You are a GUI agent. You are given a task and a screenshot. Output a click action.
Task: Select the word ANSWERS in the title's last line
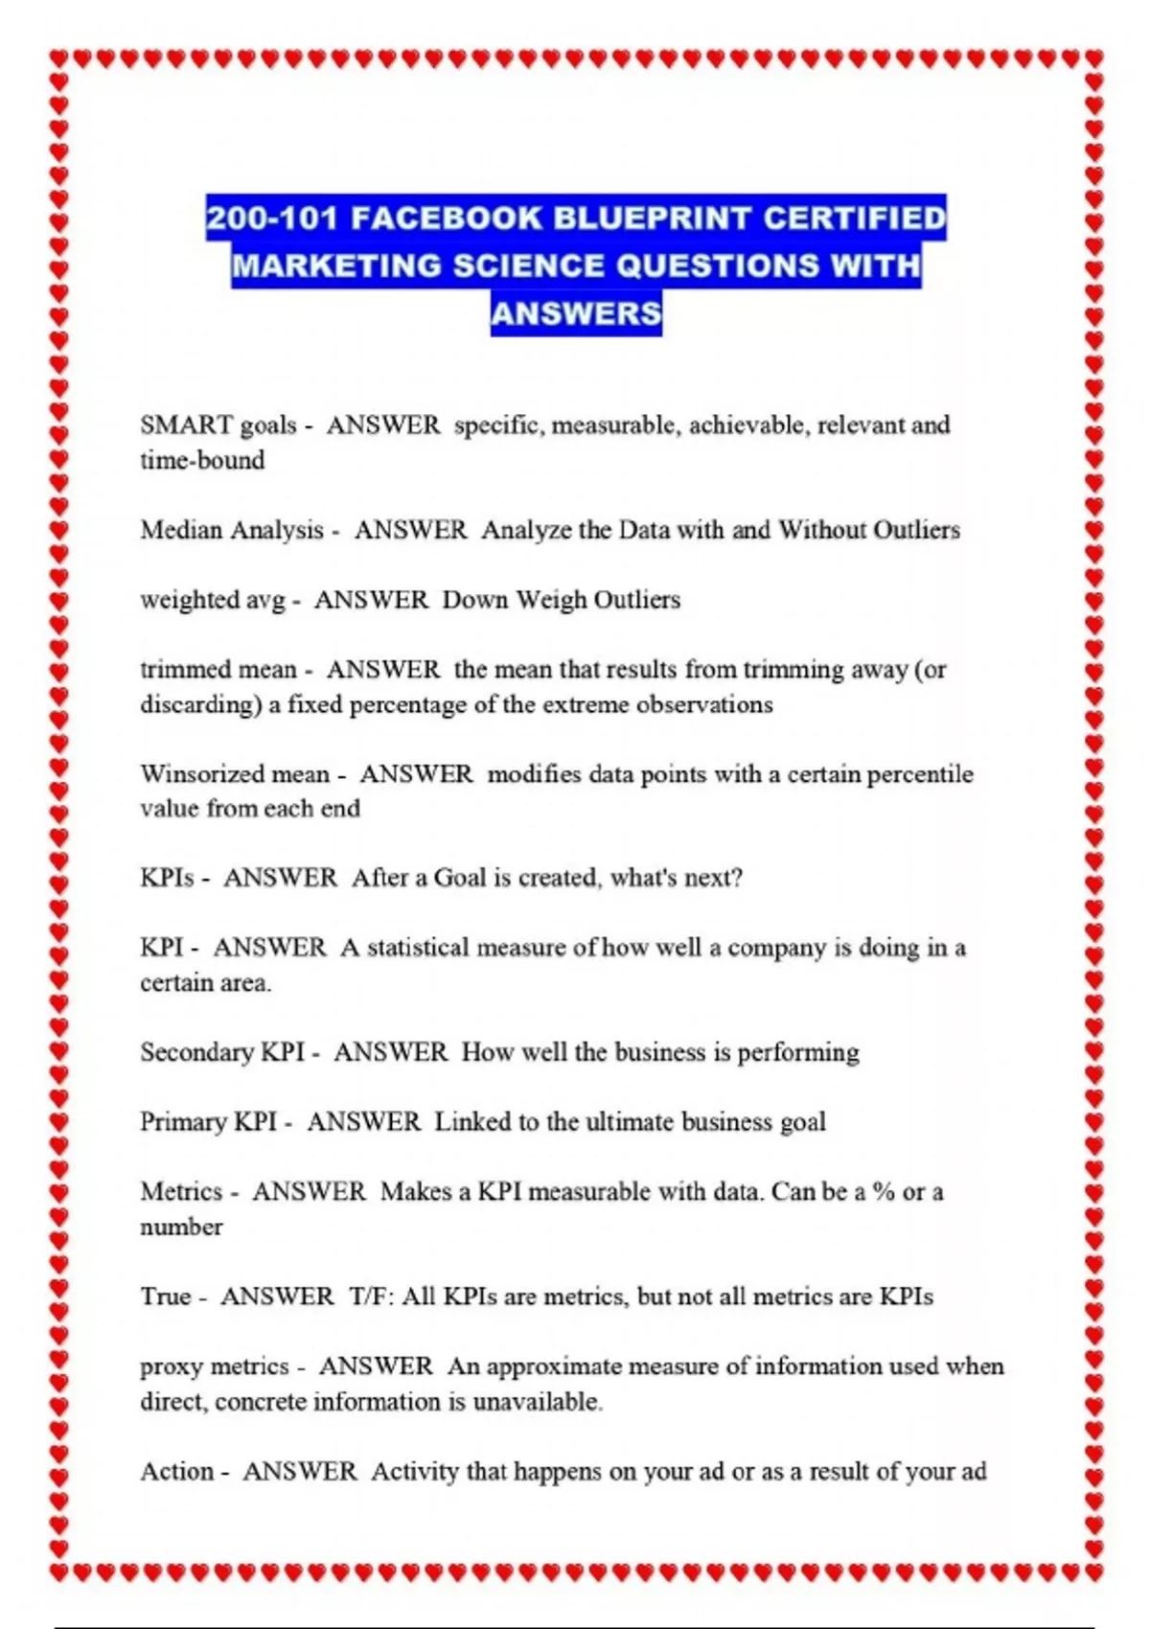[x=576, y=312]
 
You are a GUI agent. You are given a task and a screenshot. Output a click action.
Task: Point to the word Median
[x=180, y=530]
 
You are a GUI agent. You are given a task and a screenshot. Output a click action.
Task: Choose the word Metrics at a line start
[x=181, y=1192]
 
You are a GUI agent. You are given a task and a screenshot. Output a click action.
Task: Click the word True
[x=166, y=1296]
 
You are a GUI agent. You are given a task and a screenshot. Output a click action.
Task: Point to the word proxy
[x=173, y=1367]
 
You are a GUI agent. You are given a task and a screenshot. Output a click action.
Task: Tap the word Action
[x=176, y=1472]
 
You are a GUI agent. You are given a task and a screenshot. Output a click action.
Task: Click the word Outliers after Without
[x=915, y=530]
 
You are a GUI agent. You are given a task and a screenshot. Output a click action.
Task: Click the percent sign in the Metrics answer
[x=883, y=1192]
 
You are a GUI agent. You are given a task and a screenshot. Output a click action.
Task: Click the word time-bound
[x=202, y=461]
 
